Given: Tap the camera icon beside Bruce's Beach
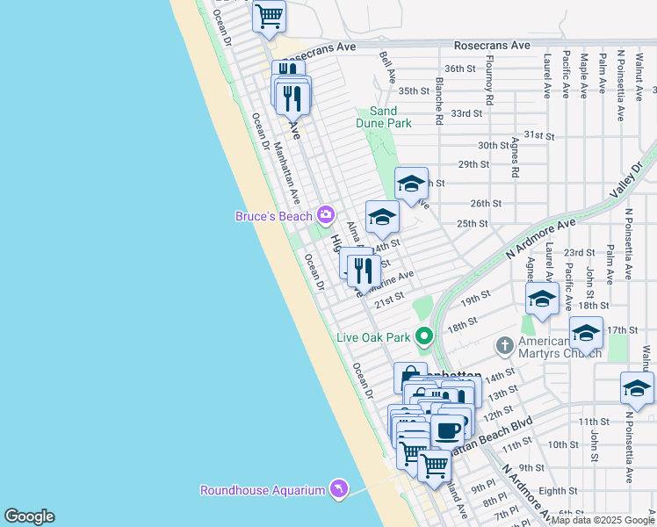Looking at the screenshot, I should tap(326, 214).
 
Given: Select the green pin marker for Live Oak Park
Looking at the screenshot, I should tap(424, 336).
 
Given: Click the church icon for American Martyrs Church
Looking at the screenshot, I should tap(504, 345).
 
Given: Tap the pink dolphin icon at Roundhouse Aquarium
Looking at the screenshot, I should tap(338, 489).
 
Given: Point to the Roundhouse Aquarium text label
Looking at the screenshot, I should tap(261, 490).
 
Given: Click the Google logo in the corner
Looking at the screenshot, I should tap(29, 516).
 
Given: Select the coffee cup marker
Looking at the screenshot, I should tap(447, 430).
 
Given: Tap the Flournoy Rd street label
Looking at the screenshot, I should tap(490, 85).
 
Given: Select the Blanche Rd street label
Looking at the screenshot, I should tap(438, 98).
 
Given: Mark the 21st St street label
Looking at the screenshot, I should tap(388, 301).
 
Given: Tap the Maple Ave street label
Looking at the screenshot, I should tap(584, 75).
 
